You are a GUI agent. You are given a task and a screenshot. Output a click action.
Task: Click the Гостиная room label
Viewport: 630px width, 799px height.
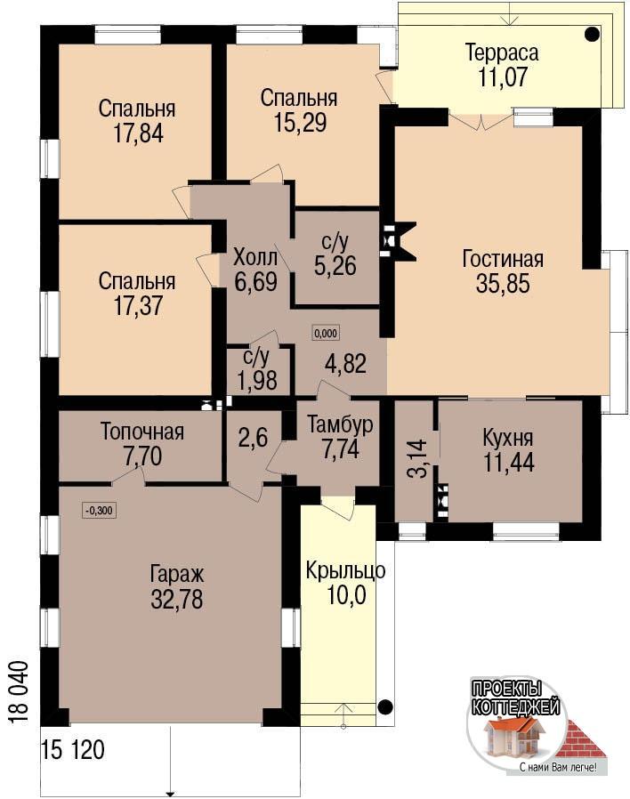(503, 258)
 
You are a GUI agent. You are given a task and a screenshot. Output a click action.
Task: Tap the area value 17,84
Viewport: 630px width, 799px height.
(139, 133)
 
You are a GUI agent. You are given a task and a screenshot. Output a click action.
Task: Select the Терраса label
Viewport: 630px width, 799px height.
(502, 52)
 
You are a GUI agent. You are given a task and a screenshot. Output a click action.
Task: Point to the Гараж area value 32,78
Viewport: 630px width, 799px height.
(177, 599)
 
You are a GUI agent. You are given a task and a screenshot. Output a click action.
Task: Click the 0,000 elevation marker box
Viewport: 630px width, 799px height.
(326, 334)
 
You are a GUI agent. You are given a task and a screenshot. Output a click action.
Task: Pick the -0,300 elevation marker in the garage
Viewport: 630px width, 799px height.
(100, 510)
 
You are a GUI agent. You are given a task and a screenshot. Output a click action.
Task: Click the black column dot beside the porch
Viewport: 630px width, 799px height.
(385, 706)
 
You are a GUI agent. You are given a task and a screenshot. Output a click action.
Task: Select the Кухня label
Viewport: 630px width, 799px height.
(508, 438)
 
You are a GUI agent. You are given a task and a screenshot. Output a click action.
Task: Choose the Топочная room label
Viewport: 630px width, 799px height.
(141, 432)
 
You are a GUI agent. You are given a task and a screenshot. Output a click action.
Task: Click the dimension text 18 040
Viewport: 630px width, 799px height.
(18, 692)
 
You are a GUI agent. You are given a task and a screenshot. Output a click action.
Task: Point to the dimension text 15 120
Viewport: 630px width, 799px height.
(73, 750)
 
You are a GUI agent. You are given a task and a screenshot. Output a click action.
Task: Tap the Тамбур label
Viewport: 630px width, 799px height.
(340, 424)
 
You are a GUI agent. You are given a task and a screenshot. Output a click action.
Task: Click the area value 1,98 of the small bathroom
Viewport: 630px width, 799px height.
(257, 380)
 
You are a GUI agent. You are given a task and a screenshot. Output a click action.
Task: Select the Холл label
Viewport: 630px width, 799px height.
(255, 257)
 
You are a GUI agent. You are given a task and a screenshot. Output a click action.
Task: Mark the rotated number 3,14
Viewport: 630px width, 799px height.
(418, 458)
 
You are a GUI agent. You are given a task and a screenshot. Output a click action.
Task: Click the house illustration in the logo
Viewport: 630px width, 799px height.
(515, 738)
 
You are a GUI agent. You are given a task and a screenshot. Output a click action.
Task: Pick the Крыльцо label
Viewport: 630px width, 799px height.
(345, 571)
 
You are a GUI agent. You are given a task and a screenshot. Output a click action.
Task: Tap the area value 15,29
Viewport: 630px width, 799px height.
(300, 122)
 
